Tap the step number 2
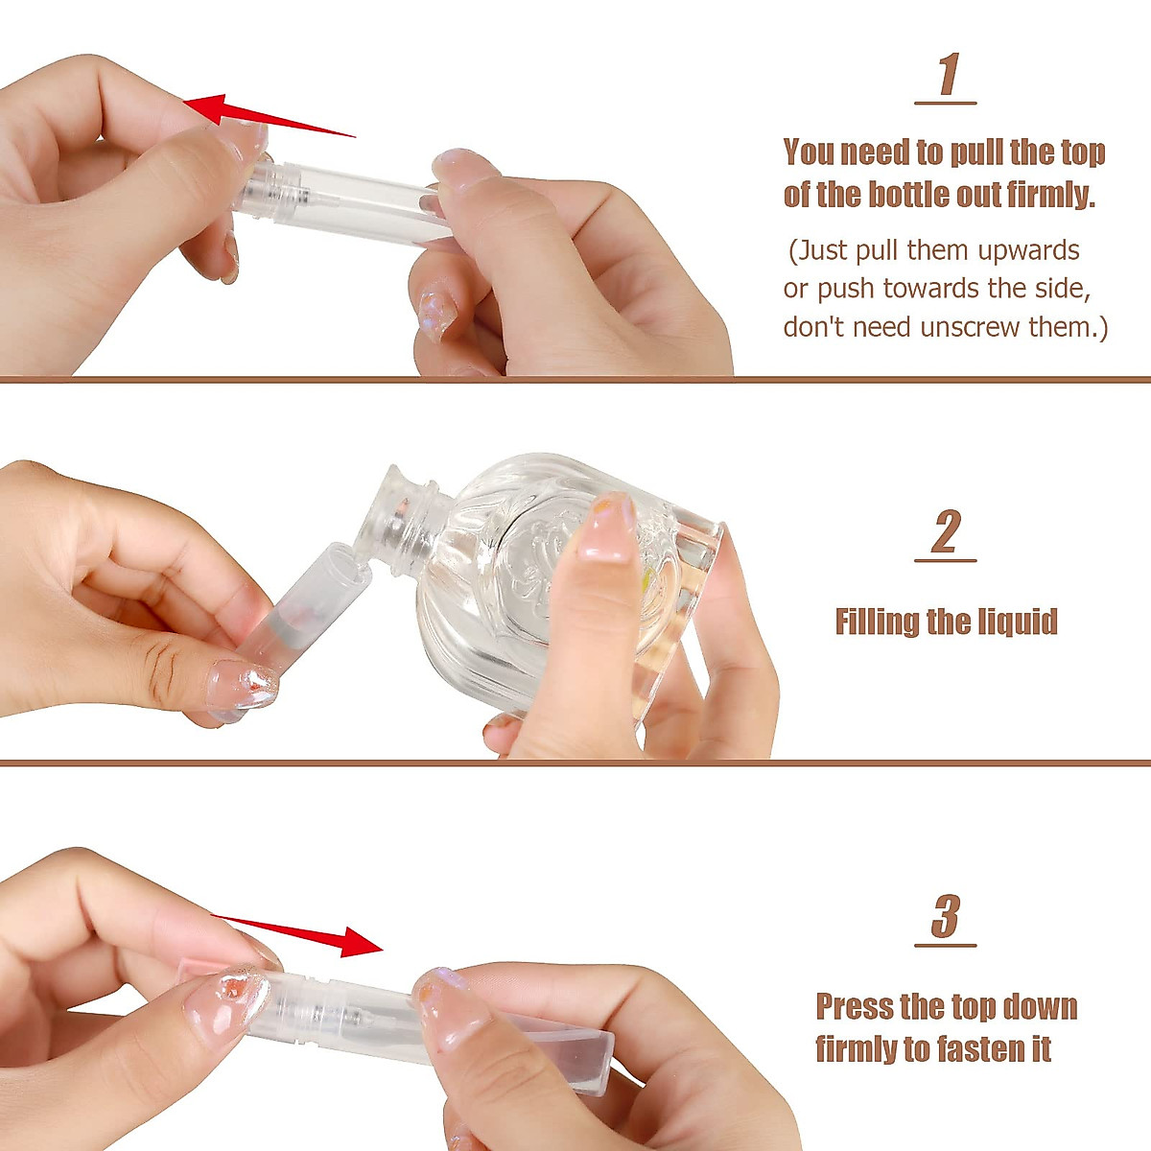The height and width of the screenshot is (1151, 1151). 946,532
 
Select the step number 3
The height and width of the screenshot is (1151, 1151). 946,917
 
